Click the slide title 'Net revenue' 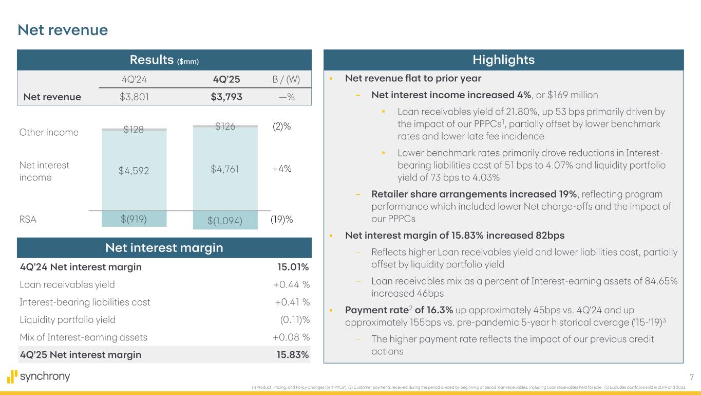[63, 30]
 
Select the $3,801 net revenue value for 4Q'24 [131, 97]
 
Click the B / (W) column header [285, 80]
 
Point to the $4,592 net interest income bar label [134, 171]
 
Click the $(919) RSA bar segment [134, 219]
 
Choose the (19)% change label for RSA [281, 220]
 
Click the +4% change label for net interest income [282, 168]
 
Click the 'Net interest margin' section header [164, 248]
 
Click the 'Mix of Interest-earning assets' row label [83, 337]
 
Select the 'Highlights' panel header [503, 60]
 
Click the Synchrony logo [39, 376]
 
